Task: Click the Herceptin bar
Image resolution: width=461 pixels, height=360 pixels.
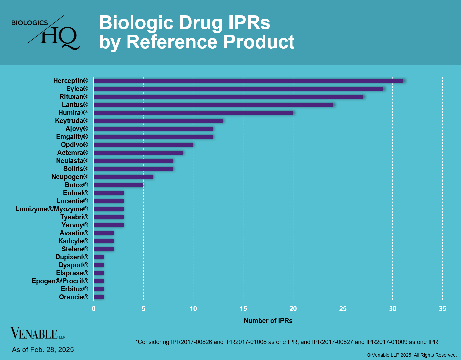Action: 248,81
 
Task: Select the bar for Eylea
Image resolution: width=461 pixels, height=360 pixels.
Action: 238,89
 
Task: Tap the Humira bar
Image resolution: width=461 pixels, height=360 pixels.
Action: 193,113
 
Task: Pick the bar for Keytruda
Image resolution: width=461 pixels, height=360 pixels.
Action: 158,121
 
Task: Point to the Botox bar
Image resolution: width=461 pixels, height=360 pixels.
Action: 119,185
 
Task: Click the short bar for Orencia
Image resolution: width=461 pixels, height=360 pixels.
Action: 99,297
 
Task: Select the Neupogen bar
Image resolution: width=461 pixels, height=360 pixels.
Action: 124,177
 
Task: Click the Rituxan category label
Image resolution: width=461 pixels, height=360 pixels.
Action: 74,97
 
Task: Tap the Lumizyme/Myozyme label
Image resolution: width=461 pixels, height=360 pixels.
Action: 52,209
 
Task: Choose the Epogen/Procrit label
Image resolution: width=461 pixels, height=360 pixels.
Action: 60,281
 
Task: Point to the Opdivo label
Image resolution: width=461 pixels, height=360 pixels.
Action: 74,145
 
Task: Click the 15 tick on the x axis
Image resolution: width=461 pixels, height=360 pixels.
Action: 243,309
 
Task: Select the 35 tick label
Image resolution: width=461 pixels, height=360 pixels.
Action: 442,309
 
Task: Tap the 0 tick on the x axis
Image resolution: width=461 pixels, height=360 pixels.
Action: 94,309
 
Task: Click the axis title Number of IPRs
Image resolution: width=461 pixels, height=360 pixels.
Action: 268,321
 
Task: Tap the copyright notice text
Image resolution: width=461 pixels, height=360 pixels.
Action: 412,355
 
